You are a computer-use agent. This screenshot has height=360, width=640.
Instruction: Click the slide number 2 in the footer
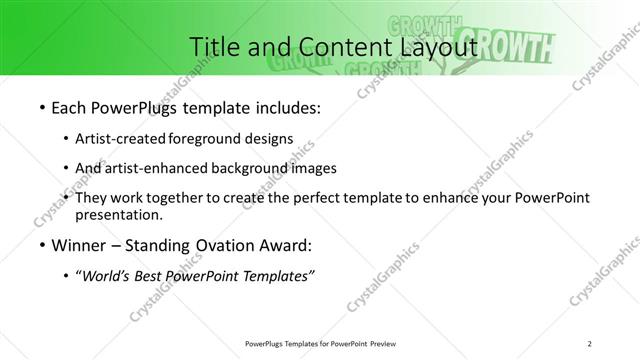click(590, 343)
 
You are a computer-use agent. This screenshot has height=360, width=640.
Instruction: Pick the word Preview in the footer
click(378, 343)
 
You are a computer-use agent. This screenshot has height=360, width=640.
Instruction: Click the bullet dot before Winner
click(39, 246)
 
